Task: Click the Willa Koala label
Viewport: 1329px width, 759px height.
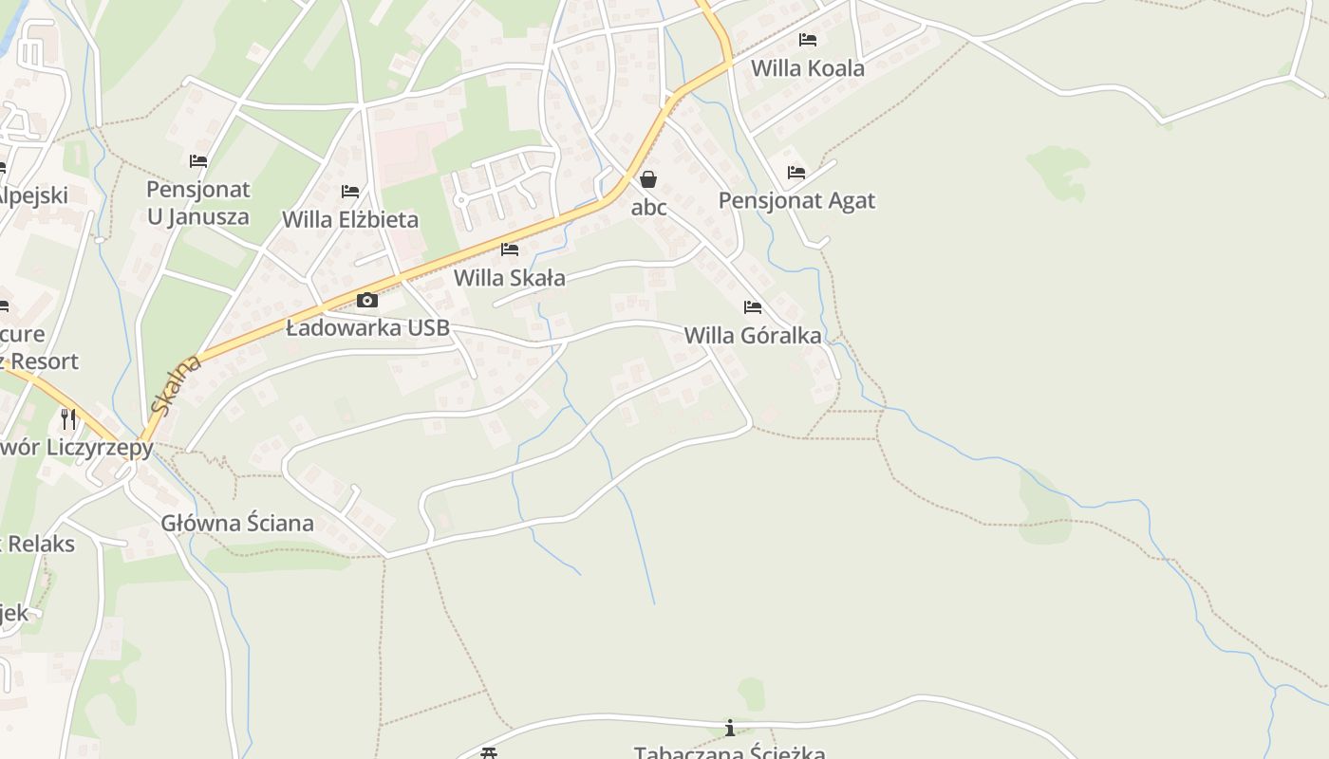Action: coord(807,68)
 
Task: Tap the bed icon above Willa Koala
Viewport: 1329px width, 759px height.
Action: coord(808,40)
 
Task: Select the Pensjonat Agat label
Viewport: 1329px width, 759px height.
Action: coord(796,200)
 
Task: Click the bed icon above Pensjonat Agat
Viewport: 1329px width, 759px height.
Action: coord(796,173)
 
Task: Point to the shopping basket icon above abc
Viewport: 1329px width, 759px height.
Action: coord(648,179)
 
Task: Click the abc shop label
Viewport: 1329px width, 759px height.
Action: coord(649,207)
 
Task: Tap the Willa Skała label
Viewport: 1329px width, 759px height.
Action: coord(510,278)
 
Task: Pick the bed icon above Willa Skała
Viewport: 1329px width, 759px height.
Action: coord(510,250)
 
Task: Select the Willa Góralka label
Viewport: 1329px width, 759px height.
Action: coord(753,335)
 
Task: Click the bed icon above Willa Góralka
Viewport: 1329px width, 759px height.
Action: coord(753,307)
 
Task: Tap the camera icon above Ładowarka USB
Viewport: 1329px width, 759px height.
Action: coord(367,301)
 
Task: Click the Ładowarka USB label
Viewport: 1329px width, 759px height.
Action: coord(367,329)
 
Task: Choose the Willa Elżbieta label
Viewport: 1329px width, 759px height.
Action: coord(350,219)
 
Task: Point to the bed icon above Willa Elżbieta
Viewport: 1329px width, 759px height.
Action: coord(350,192)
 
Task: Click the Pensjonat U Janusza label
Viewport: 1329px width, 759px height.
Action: coord(197,203)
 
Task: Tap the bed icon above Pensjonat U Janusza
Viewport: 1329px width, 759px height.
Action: coord(198,161)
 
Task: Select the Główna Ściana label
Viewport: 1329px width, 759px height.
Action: coord(237,523)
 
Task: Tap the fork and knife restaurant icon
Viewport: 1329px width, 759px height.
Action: coord(68,418)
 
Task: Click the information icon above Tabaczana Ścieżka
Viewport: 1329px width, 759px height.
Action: coord(730,728)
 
